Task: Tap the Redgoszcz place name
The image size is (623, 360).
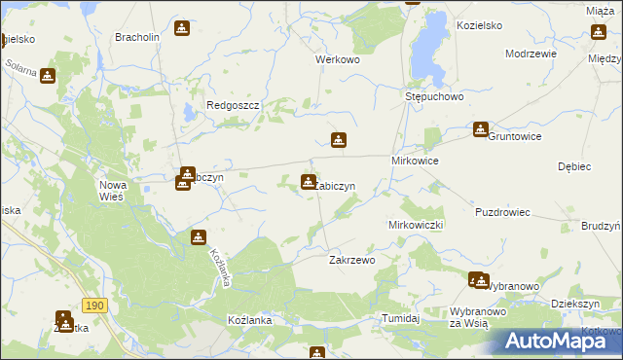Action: tap(230, 105)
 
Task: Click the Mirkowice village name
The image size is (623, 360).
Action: tap(415, 161)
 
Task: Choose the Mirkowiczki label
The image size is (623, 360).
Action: tap(416, 225)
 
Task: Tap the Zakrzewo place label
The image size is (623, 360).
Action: tap(352, 261)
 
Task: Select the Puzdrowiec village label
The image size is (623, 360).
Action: tap(502, 211)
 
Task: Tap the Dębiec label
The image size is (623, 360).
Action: tap(575, 166)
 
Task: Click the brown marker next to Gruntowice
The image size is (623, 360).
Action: tap(481, 128)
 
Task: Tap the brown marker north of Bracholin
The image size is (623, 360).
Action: tap(181, 28)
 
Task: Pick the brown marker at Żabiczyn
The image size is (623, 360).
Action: tap(309, 181)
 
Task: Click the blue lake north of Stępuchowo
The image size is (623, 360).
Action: tap(425, 50)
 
